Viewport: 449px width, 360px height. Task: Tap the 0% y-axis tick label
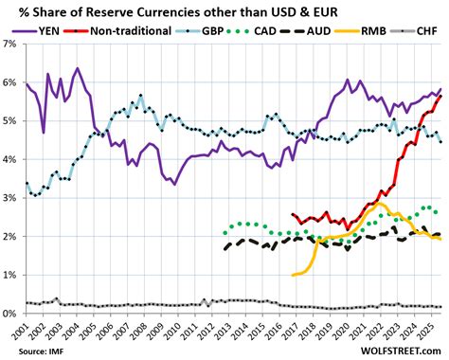tap(11, 314)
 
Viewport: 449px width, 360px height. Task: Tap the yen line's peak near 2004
tap(77, 69)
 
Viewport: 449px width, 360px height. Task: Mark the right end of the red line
tap(440, 97)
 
